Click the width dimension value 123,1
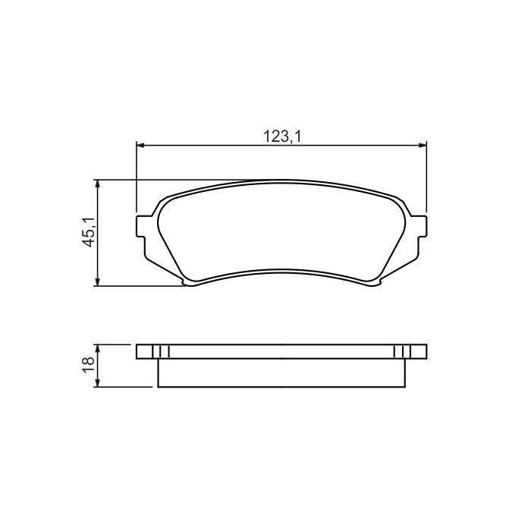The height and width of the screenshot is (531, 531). (x=278, y=136)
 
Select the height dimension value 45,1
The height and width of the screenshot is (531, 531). (x=88, y=232)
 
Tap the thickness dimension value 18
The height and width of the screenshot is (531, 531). (x=88, y=365)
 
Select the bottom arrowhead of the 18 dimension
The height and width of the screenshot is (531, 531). (x=97, y=383)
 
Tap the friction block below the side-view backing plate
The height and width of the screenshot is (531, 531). (x=281, y=372)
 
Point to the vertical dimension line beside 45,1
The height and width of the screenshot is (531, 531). (x=97, y=250)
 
